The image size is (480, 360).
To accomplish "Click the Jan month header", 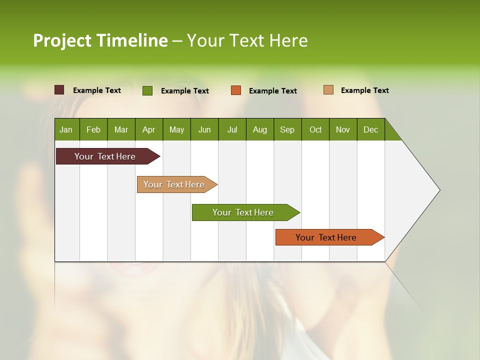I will (66, 129).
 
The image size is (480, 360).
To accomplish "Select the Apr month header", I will (148, 129).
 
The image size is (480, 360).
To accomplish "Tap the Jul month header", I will (232, 129).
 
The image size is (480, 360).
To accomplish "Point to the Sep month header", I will (287, 129).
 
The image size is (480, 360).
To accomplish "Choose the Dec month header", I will (370, 129).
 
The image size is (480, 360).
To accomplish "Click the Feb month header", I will (93, 129).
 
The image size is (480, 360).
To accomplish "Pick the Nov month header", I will (342, 129).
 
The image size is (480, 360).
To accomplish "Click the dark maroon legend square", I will (59, 90).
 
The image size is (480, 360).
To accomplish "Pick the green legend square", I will (147, 90).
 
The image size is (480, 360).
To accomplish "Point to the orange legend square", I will (236, 90).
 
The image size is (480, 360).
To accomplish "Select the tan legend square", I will (328, 90).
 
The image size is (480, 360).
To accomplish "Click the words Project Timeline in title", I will (100, 40).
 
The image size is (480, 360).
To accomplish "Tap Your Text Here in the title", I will (247, 40).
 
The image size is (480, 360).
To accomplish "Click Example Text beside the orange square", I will (272, 90).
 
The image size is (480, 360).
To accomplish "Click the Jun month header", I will (204, 129).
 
